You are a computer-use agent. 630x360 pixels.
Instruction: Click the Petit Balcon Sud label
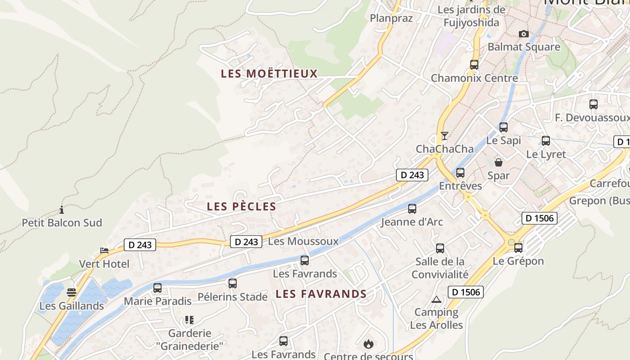62,223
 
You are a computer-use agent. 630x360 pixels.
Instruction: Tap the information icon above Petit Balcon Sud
62,210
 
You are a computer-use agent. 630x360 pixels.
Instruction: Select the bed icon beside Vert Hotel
104,251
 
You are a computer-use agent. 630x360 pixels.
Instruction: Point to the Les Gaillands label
72,306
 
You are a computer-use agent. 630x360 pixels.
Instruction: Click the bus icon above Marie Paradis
157,288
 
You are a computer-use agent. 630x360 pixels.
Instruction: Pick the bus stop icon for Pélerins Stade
232,283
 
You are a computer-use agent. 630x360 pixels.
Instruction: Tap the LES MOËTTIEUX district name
269,74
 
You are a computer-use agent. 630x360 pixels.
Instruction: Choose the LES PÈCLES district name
241,207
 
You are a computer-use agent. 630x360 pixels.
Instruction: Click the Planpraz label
391,18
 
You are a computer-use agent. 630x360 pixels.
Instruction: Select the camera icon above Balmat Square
523,34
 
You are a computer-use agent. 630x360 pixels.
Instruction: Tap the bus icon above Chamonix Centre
474,65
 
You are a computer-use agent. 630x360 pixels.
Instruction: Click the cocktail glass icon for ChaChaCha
444,135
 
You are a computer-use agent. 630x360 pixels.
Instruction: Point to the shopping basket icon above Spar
498,162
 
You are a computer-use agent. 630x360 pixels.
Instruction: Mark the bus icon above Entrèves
460,173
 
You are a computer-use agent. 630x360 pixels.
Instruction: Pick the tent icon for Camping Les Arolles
436,299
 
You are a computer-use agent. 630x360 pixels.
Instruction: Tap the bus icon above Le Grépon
518,248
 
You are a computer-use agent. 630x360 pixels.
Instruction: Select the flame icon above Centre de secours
368,345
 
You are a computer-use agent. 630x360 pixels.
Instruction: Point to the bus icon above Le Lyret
545,141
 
